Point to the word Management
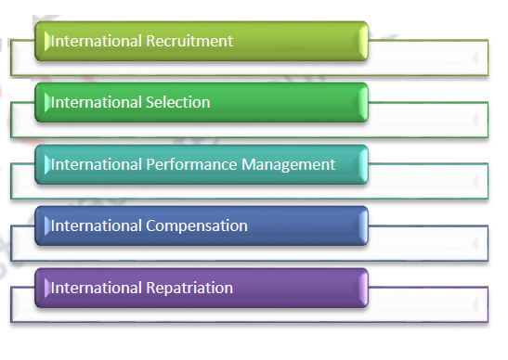(289, 164)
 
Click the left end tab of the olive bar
(42, 41)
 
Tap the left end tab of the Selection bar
(42, 102)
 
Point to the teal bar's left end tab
(42, 164)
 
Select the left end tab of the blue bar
(42, 225)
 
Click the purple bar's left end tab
(42, 288)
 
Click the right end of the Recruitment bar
(363, 41)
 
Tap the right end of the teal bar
(363, 164)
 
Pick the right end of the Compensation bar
(363, 225)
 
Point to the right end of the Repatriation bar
(363, 288)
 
